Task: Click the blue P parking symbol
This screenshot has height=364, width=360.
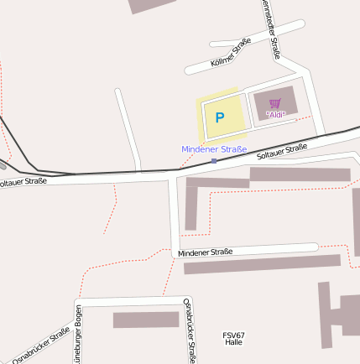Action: pyautogui.click(x=219, y=118)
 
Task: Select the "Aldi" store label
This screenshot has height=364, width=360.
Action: pyautogui.click(x=276, y=113)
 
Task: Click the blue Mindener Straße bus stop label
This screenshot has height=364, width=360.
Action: pyautogui.click(x=214, y=149)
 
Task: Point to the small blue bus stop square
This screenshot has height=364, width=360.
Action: pyautogui.click(x=214, y=160)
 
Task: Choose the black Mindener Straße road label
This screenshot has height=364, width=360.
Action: pyautogui.click(x=205, y=252)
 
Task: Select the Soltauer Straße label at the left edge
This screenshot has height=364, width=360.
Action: pyautogui.click(x=22, y=180)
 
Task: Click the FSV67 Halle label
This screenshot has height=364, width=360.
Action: pyautogui.click(x=233, y=339)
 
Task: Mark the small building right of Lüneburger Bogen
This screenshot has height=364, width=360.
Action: pyautogui.click(x=146, y=320)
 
